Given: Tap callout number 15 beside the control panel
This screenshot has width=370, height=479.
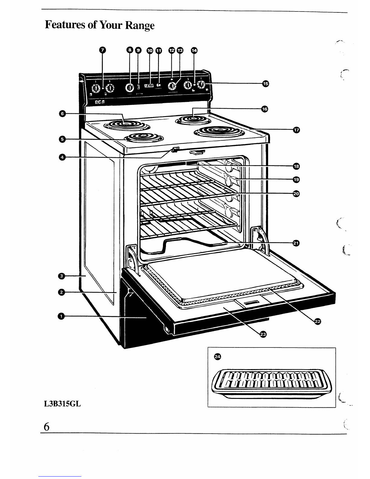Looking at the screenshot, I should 265,83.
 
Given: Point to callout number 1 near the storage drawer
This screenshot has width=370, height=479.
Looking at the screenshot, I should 61,316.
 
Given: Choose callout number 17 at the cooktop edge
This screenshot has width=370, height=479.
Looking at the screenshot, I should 296,130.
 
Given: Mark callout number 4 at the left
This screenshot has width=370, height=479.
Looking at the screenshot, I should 62,157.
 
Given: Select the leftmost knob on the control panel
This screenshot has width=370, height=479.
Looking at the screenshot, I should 96,88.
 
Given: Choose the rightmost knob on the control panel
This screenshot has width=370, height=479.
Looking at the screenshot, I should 201,85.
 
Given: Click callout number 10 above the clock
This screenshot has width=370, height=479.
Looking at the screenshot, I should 150,51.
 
